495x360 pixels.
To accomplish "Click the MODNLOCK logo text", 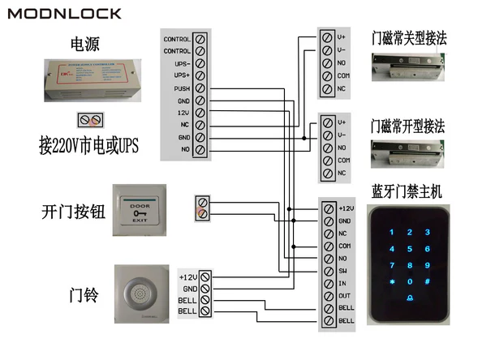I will pos(64,14).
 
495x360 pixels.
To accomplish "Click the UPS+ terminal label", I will pos(182,75).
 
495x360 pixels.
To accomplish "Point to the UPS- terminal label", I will pos(182,63).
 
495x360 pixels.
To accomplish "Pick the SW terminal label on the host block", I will pos(344,270).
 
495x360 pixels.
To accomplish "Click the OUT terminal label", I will pos(344,295).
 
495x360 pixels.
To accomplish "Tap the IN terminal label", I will pos(343,282).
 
